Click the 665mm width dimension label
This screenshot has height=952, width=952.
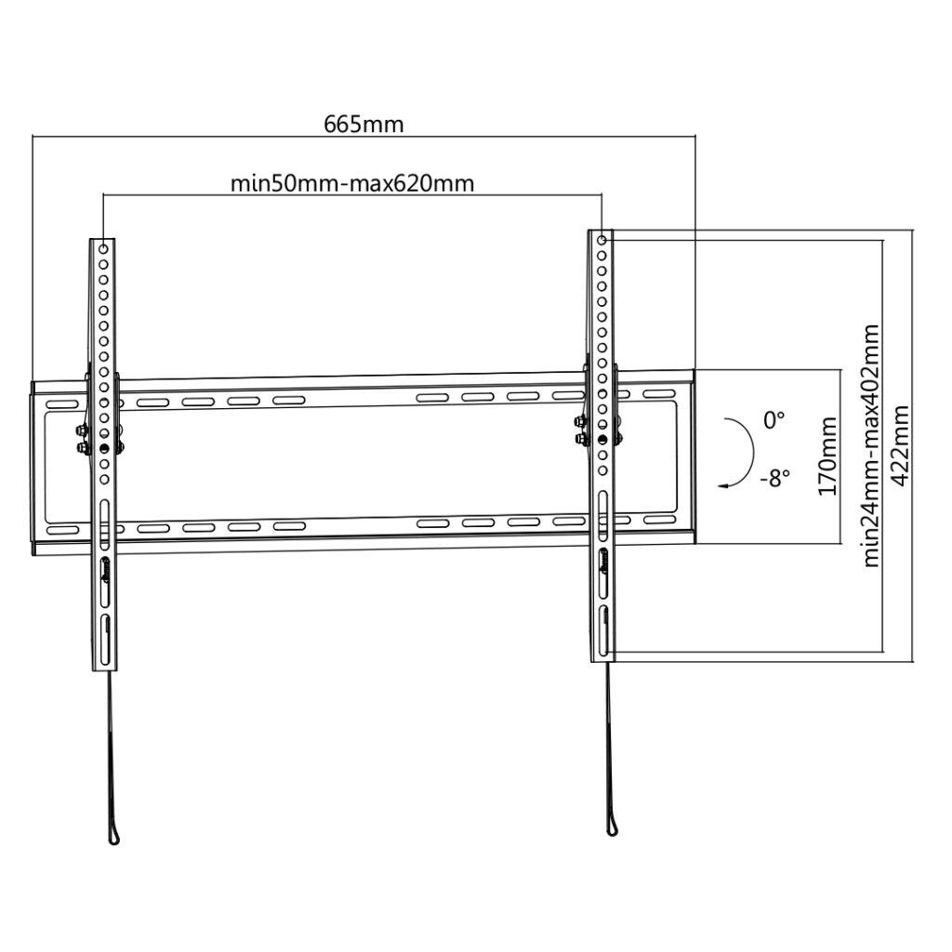364,125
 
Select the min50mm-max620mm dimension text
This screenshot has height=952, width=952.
352,183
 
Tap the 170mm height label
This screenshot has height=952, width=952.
827,456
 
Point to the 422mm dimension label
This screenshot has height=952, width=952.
900,445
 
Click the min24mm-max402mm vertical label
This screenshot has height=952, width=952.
871,445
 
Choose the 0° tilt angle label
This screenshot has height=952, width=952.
774,420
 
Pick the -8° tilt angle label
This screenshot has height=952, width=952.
775,479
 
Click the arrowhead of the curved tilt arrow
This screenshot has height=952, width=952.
721,485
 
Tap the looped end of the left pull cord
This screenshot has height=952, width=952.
114,837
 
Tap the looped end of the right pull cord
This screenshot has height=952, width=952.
611,828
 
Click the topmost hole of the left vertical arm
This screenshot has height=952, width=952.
103,249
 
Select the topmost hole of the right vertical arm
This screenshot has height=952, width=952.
602,240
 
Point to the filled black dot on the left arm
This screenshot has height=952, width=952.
104,449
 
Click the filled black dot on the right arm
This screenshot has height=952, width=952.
602,439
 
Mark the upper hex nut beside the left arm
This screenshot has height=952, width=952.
80,431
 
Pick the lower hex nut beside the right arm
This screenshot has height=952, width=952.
578,438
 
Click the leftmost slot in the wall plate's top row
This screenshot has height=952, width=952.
62,404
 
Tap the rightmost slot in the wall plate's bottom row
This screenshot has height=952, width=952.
659,521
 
